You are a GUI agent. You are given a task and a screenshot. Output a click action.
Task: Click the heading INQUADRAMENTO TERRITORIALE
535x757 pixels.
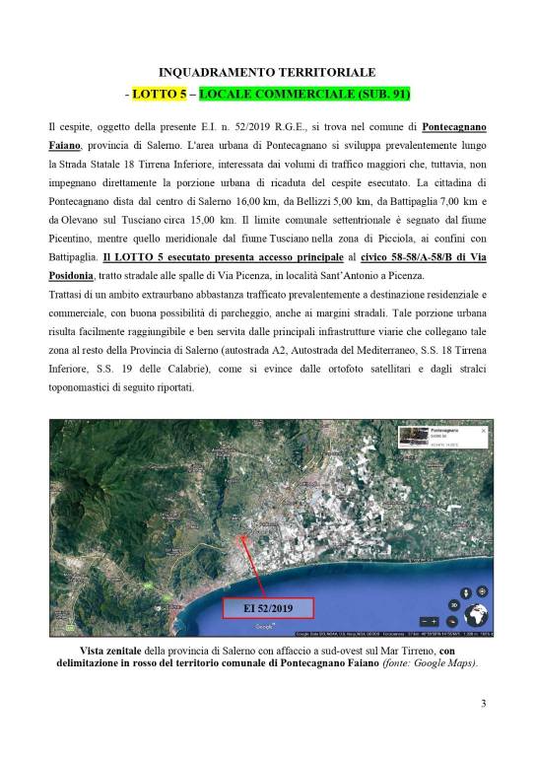tap(267, 73)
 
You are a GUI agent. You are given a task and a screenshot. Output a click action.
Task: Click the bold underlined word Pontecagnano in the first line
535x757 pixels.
tap(454, 128)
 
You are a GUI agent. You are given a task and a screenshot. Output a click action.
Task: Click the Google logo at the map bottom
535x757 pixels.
tap(262, 628)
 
